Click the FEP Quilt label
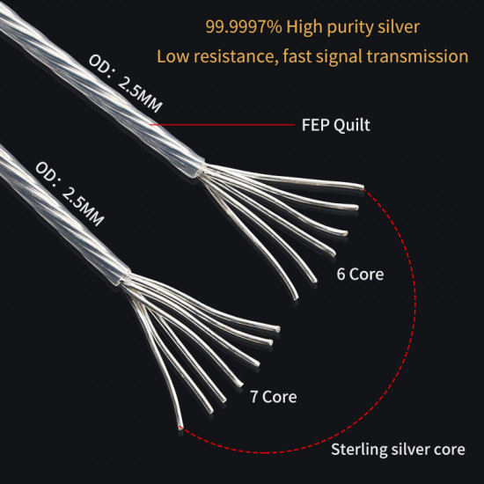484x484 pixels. coord(330,125)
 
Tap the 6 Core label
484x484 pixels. coord(361,274)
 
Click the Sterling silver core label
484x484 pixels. coord(398,451)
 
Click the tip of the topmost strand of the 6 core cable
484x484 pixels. coord(361,187)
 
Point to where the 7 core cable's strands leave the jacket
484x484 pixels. coord(122,282)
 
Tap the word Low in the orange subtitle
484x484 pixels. coord(172,56)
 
